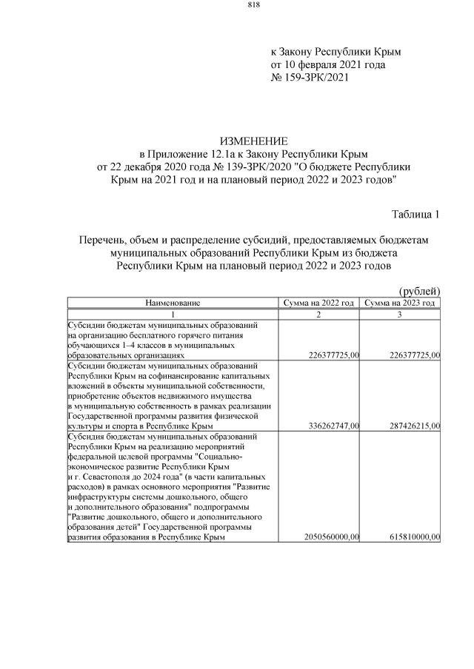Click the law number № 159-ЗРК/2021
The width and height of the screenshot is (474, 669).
(309, 78)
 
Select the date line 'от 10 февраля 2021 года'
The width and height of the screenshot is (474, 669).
(328, 65)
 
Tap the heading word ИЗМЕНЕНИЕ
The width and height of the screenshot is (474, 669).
(253, 141)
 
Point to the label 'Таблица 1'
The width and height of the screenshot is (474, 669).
(415, 215)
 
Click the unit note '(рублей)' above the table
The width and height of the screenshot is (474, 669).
(419, 291)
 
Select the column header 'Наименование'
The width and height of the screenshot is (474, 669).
(173, 303)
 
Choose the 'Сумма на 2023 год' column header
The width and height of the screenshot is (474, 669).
(400, 303)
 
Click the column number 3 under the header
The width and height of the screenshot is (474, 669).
(400, 315)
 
